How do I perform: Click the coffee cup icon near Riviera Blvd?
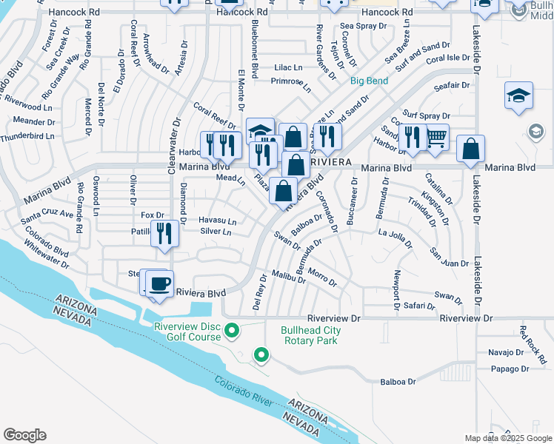tap(160, 284)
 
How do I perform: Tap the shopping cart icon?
tap(436, 137)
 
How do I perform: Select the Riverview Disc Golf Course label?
tap(187, 331)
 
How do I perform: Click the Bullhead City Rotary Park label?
tap(310, 336)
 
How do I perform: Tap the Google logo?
tap(24, 434)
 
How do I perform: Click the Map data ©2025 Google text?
tap(507, 438)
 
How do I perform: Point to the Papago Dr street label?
tap(510, 369)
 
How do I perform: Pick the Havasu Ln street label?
tap(217, 221)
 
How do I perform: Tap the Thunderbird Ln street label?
tap(28, 136)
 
